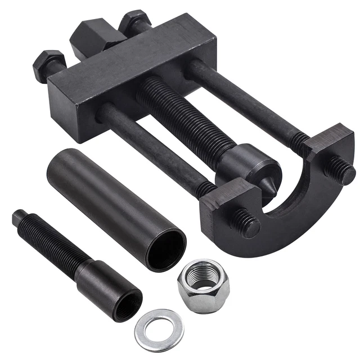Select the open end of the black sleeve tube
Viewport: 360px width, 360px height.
[x=166, y=248]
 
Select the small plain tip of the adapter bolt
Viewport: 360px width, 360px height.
[x=19, y=217]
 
